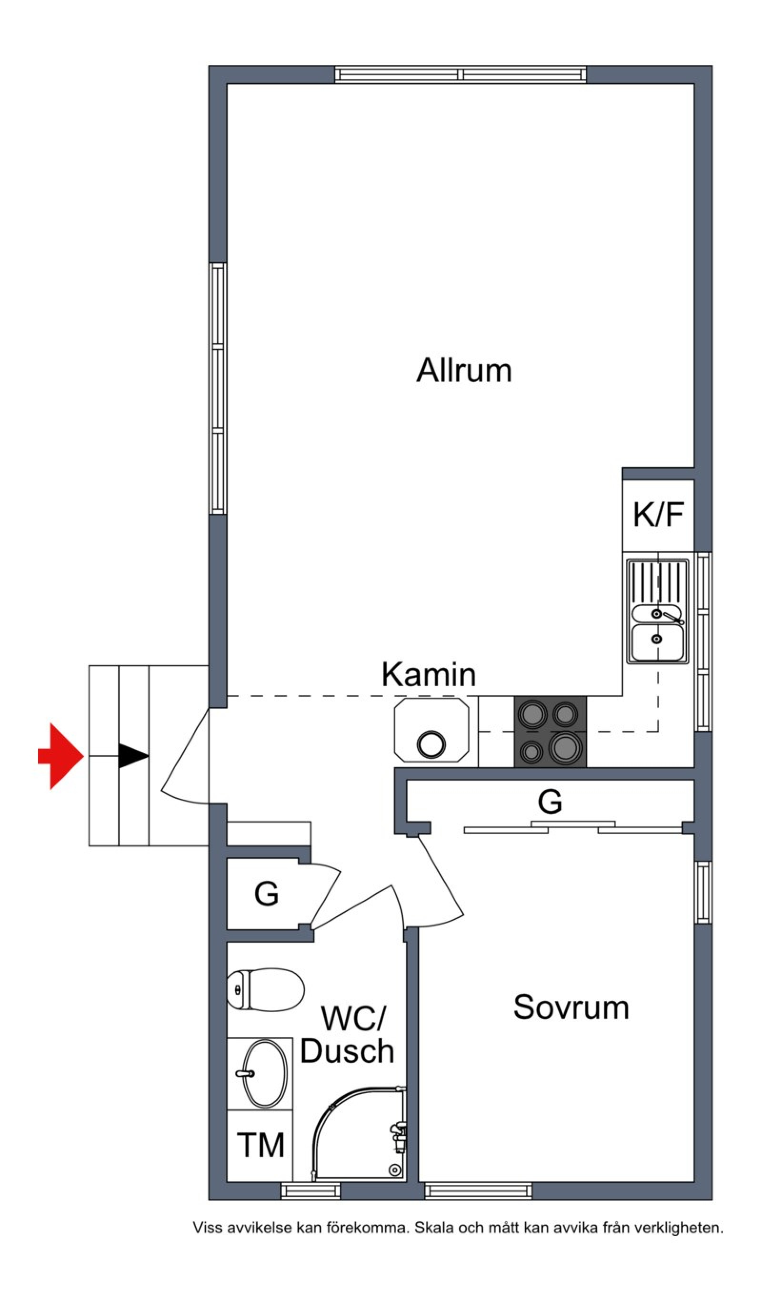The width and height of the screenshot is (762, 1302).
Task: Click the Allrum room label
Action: click(464, 370)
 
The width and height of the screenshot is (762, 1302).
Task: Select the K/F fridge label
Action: click(658, 514)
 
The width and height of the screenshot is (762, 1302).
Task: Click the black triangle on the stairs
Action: click(134, 756)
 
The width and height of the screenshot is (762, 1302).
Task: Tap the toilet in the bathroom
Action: click(265, 990)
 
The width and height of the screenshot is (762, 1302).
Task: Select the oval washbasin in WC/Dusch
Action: click(265, 1073)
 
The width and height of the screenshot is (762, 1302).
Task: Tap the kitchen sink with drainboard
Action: click(658, 611)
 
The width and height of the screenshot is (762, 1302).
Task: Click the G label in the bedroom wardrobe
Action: click(550, 801)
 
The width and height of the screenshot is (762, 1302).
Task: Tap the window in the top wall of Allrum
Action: click(461, 74)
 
